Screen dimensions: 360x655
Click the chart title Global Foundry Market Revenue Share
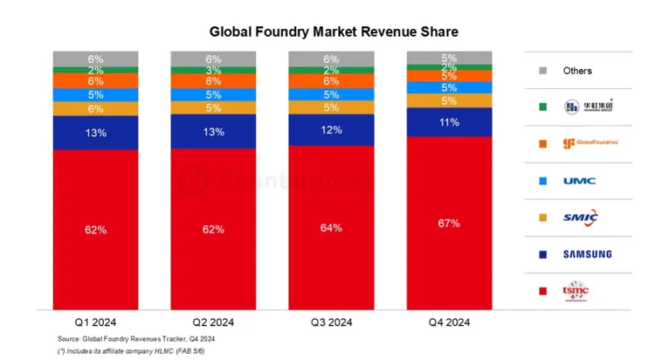(334, 31)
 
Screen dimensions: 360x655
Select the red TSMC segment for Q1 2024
(95, 229)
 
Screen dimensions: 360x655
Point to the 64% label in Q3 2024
(332, 227)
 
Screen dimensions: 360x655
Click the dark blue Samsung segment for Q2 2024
(213, 132)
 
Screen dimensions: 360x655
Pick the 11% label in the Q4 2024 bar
(450, 122)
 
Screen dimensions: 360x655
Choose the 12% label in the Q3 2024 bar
(332, 129)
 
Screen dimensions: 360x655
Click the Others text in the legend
(577, 71)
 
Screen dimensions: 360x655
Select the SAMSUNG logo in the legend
(586, 254)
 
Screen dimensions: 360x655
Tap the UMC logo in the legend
(580, 181)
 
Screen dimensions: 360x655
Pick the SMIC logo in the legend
(582, 218)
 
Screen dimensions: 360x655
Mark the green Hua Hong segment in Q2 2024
(213, 70)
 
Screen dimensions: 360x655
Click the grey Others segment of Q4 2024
(450, 59)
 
